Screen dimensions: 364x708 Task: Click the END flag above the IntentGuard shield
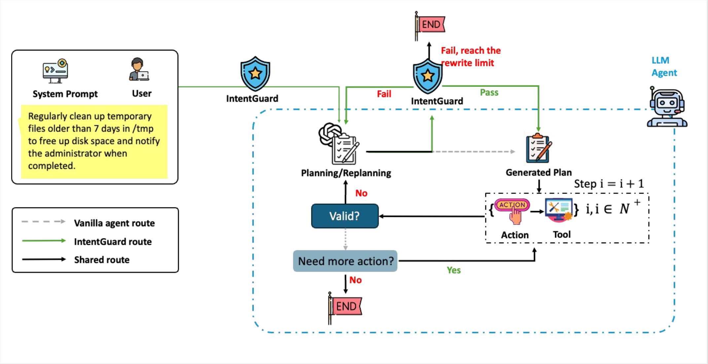pos(430,25)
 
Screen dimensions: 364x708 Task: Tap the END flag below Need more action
pos(345,307)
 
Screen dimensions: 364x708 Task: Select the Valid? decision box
pos(345,216)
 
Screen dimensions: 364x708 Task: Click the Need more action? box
pos(345,261)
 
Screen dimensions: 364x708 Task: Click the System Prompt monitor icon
pos(55,70)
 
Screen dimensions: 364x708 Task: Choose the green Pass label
pos(489,92)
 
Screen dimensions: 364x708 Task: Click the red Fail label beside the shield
pos(384,94)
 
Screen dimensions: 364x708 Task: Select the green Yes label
pos(454,270)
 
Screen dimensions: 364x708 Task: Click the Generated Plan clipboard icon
pos(538,149)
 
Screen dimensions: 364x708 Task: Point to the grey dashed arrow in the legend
pos(44,222)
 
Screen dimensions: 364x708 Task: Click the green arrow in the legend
pos(44,241)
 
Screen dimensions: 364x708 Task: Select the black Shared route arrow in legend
pos(44,259)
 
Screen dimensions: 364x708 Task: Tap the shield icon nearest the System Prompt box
pos(255,74)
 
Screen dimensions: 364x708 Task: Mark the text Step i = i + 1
pos(609,184)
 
